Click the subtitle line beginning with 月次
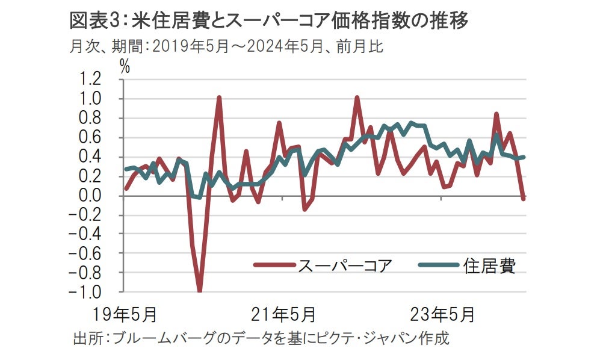(226, 46)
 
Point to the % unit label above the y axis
(125, 66)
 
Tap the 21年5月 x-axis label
(283, 314)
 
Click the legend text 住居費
(490, 265)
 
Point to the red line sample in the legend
(274, 265)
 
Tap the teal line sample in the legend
(438, 265)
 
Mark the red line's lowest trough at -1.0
(199, 291)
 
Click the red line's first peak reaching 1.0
(219, 98)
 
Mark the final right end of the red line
(524, 198)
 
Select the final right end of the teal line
(524, 157)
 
